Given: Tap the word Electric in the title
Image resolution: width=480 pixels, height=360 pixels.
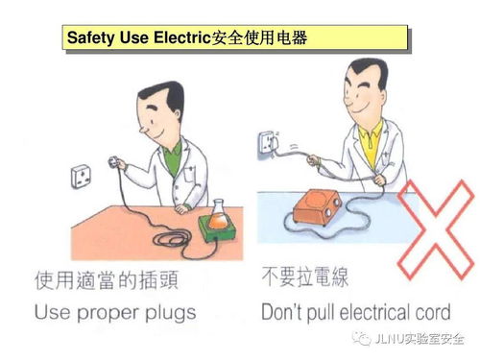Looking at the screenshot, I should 179,39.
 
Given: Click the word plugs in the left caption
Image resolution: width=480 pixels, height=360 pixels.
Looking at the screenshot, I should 196,312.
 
